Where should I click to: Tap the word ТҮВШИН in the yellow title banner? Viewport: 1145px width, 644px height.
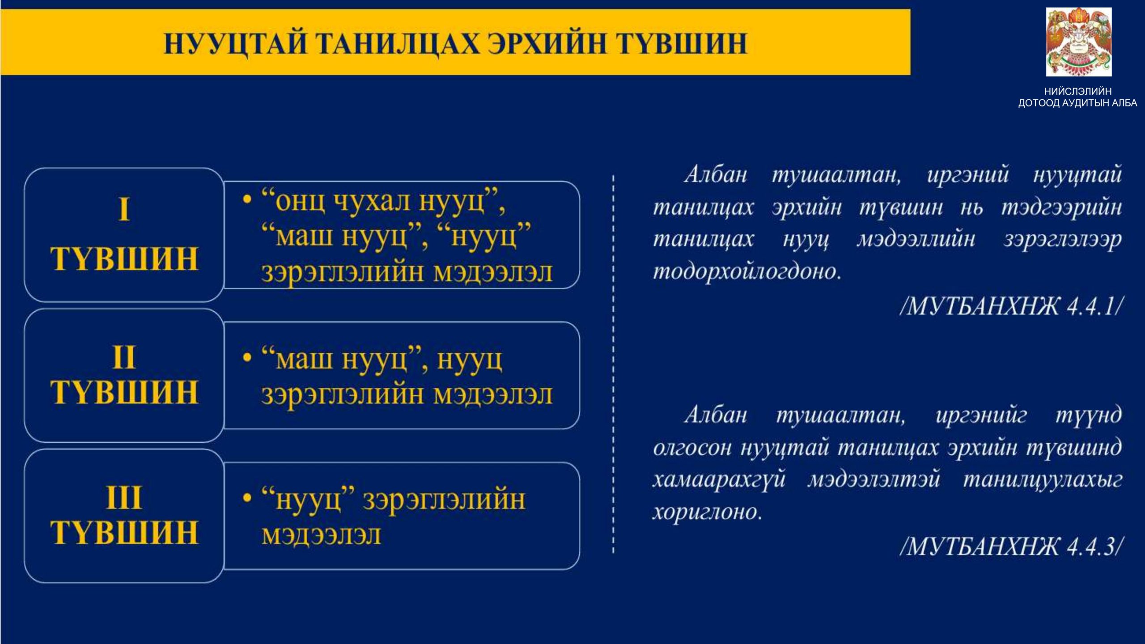(x=682, y=44)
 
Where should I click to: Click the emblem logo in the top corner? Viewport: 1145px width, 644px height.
(x=1079, y=42)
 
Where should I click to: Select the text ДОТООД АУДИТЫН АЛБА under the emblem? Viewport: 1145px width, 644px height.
(x=1078, y=103)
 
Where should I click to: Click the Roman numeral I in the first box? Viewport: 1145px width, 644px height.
(x=124, y=210)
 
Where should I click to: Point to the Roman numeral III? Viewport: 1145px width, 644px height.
(x=124, y=497)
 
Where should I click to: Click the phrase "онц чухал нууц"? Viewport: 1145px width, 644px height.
(x=380, y=202)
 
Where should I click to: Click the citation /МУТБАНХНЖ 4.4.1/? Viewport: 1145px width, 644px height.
(x=1012, y=307)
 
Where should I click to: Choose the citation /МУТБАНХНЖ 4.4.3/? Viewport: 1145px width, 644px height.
(x=1012, y=546)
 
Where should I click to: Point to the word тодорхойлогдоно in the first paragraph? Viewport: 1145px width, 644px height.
(x=747, y=271)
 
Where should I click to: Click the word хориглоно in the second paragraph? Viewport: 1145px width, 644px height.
(x=707, y=511)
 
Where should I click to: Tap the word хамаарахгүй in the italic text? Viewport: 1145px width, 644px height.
(x=719, y=480)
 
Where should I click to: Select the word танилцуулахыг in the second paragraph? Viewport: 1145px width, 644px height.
(x=1043, y=480)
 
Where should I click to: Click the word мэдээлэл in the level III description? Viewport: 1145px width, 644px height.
(x=321, y=534)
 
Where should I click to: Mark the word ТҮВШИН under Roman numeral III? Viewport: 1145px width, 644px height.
(x=124, y=532)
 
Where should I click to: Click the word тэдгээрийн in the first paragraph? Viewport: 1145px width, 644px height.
(x=1062, y=208)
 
